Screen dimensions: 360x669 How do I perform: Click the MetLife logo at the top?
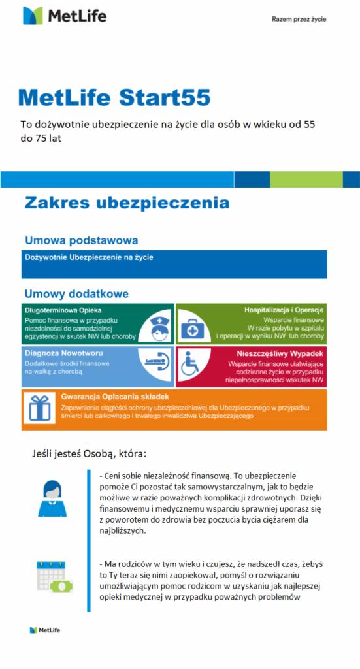coord(64,16)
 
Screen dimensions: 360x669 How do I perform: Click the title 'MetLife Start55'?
coord(115,97)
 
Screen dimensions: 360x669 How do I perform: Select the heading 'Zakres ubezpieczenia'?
coord(127,203)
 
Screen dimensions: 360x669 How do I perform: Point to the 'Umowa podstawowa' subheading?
coord(81,240)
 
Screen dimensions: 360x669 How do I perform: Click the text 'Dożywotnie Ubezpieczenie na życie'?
coord(89,257)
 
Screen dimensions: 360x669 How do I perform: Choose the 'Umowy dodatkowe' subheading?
coord(76,294)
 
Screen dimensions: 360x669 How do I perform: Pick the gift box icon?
coord(41,408)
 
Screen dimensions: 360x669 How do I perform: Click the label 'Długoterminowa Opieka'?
coord(63,310)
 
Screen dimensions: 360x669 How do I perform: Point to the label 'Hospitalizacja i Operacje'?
coord(284,310)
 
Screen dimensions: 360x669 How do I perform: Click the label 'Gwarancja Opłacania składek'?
coord(116,397)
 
